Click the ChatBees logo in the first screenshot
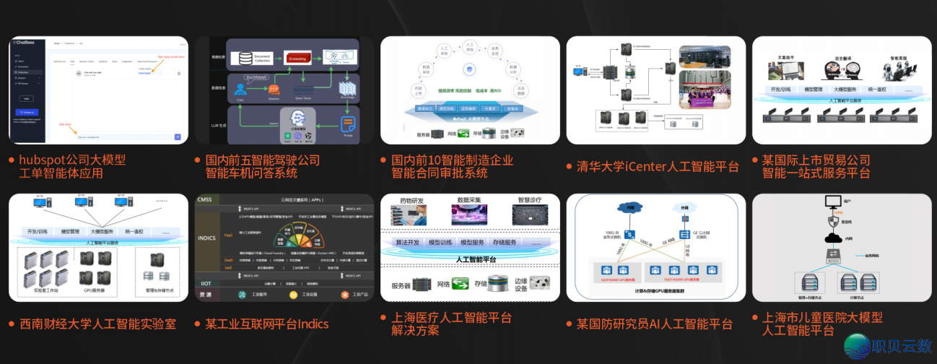point(27,43)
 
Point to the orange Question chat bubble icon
point(274,88)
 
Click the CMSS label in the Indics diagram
point(206,199)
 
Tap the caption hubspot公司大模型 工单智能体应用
point(72,167)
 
